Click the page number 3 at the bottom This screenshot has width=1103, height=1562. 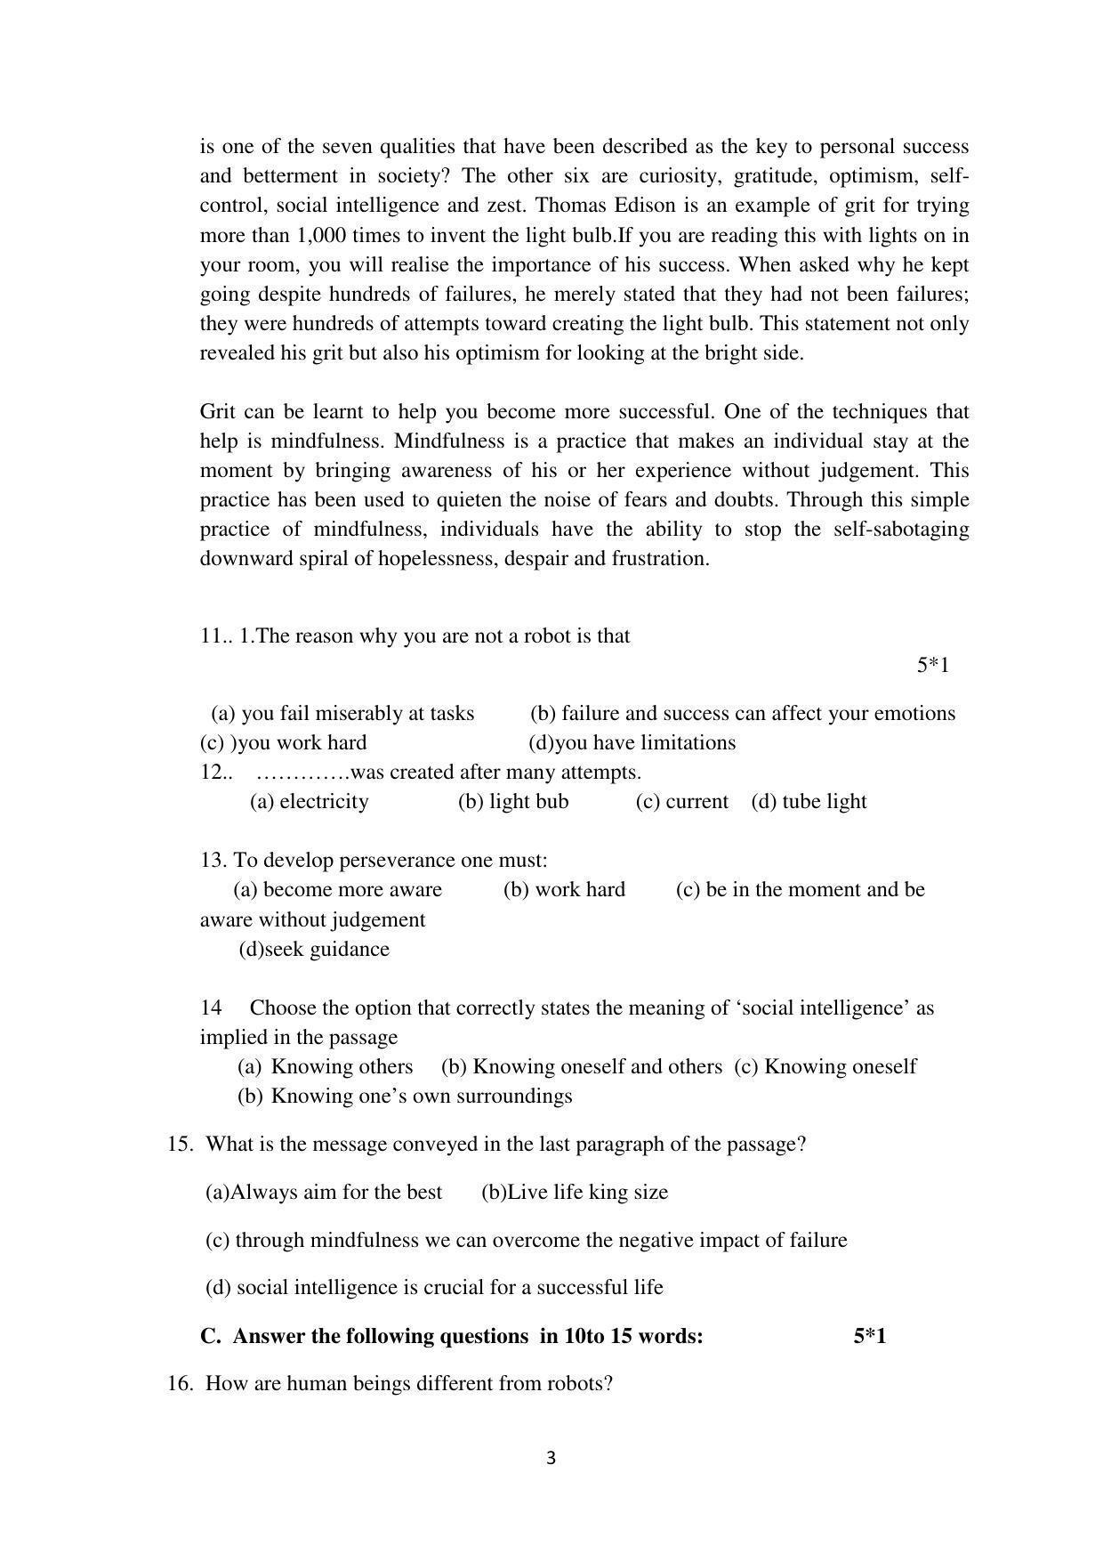(x=551, y=1458)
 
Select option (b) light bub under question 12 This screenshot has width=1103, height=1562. (x=513, y=801)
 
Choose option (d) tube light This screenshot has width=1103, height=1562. (x=809, y=801)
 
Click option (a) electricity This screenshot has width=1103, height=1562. (x=309, y=801)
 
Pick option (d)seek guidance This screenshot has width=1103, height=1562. (x=314, y=949)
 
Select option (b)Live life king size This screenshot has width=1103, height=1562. (x=575, y=1192)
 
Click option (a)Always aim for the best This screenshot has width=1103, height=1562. (x=324, y=1192)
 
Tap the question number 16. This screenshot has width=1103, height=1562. (x=180, y=1383)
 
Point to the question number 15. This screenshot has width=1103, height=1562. (x=180, y=1144)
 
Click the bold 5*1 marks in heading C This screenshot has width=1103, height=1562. (x=869, y=1336)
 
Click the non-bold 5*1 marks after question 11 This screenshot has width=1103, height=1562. (x=932, y=665)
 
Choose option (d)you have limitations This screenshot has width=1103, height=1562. (x=632, y=742)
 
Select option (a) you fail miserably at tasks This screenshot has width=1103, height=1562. (x=342, y=713)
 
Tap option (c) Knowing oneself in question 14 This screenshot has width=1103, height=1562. (x=825, y=1066)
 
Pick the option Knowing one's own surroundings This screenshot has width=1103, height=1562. (x=422, y=1096)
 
